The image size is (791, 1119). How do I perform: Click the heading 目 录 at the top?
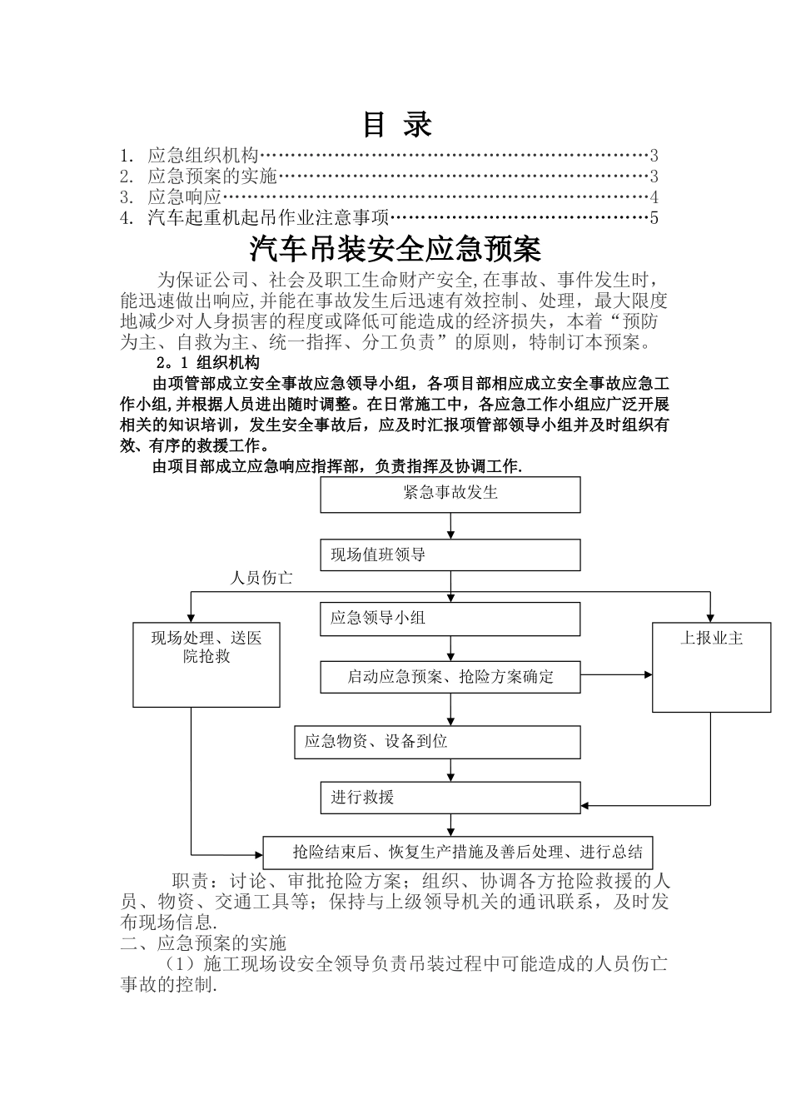point(397,125)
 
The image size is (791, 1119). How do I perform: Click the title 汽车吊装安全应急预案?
point(395,249)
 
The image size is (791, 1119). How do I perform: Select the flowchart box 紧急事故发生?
point(450,495)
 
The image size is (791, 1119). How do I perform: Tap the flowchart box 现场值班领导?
point(450,555)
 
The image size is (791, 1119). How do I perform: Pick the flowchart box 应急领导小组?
point(450,619)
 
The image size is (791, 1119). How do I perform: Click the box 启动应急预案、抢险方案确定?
point(450,677)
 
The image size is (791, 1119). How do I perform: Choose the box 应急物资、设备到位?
point(437,742)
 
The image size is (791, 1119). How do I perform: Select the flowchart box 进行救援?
point(450,798)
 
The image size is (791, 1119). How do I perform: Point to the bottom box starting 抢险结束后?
point(458,853)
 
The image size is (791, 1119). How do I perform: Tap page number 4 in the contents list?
point(654,197)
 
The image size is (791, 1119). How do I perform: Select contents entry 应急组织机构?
point(203,155)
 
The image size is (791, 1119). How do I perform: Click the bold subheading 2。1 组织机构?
point(207,363)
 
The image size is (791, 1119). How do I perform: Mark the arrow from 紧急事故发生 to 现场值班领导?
point(450,526)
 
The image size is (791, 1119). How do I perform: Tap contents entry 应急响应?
point(185,197)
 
